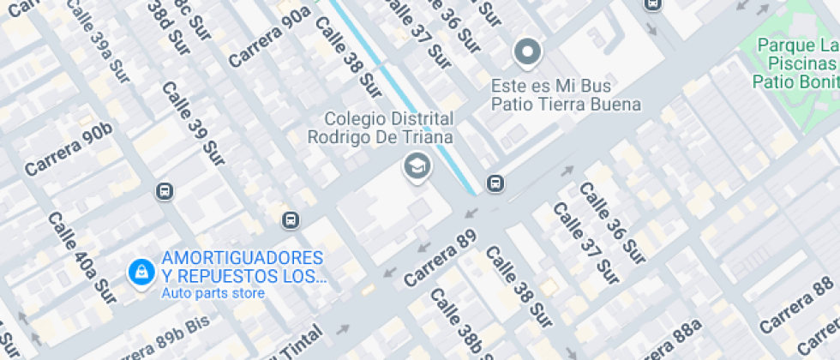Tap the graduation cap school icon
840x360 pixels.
pos(417,166)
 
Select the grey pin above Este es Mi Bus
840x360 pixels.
pos(527,53)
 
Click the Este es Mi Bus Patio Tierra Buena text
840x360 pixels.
pos(566,95)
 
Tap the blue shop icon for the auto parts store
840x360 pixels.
pos(140,273)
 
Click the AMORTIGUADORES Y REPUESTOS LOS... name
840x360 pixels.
pos(243,267)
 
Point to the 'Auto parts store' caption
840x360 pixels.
pos(213,293)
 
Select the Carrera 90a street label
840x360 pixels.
pos(268,37)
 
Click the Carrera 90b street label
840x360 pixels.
pos(69,149)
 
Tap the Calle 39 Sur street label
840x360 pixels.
pos(193,124)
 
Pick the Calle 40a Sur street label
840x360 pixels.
pos(81,254)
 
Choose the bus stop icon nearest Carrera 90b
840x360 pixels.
pos(165,191)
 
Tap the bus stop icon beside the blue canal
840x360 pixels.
pos(495,183)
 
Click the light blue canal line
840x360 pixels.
pos(403,90)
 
